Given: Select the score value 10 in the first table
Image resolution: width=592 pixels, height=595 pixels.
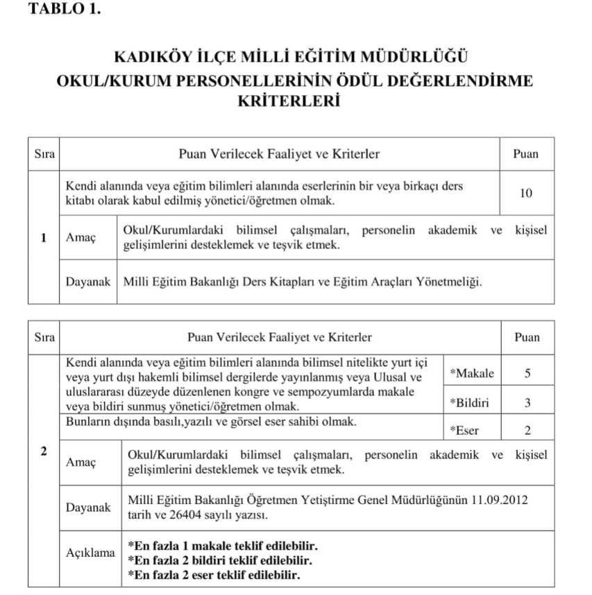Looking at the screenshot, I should [525, 193].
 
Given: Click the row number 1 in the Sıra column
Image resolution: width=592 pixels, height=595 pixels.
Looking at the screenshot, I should [43, 237].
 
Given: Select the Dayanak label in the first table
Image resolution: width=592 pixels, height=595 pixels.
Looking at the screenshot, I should [88, 282].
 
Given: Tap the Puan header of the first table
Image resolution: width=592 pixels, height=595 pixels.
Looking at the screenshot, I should [525, 154].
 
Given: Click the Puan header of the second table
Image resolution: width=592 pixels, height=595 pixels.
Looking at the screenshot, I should [527, 337].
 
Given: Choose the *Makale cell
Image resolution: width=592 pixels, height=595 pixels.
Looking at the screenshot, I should [472, 373].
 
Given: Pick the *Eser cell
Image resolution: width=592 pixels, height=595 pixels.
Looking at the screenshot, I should [464, 430].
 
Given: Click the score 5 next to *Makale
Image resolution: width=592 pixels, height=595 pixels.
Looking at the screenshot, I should [527, 373].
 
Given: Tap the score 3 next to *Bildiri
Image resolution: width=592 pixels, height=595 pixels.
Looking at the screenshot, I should [527, 402].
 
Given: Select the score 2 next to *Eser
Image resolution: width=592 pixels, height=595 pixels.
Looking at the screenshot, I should [527, 430].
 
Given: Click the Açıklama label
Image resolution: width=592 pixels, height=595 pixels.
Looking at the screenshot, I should [90, 553].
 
